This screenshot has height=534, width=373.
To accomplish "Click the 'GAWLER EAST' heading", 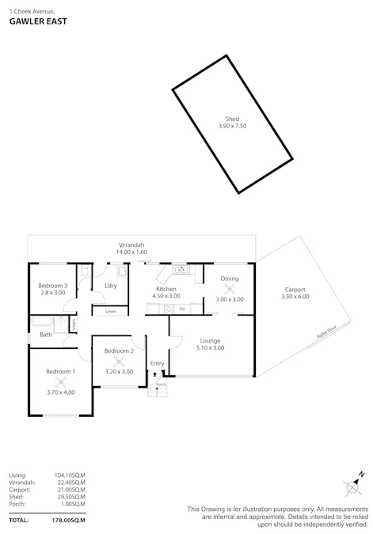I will [37, 22].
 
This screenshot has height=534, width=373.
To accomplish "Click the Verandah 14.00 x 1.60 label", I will [132, 248].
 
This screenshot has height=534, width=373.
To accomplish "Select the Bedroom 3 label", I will [53, 289].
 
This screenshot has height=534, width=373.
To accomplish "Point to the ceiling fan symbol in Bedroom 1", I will [61, 382].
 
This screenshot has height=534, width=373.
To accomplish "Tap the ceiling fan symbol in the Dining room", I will [230, 289].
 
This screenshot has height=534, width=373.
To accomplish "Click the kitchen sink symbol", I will [181, 270].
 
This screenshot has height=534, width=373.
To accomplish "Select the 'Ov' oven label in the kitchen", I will [181, 309].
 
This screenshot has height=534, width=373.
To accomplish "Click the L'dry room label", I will [110, 286].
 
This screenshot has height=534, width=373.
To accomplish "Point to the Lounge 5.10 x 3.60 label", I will [210, 343].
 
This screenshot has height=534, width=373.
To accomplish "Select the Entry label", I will [157, 363].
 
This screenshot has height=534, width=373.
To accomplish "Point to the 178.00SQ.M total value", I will [69, 520].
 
